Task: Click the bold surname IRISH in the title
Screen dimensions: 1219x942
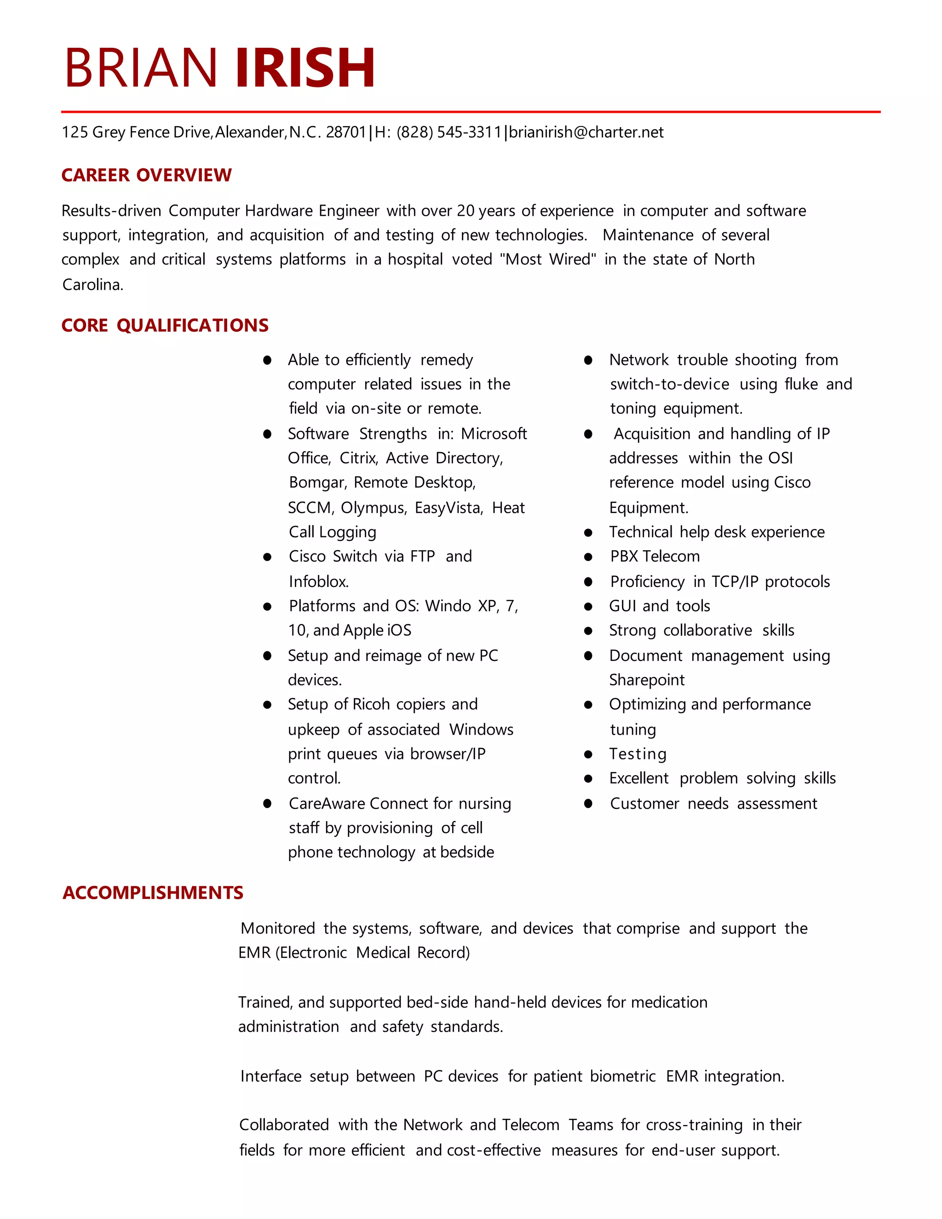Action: click(x=305, y=68)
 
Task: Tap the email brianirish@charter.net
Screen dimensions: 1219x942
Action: click(x=586, y=132)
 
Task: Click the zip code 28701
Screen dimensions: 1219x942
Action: click(x=345, y=132)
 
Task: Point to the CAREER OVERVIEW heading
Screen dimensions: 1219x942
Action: click(x=146, y=175)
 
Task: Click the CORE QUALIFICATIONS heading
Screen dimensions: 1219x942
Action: click(x=165, y=325)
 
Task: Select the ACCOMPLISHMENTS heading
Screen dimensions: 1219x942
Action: click(x=153, y=892)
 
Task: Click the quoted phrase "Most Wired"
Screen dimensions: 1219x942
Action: click(x=547, y=259)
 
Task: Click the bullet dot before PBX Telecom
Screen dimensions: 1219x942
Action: click(x=588, y=557)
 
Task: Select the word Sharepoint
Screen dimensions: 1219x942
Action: click(x=646, y=680)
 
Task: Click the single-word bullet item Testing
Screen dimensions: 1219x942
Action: click(x=638, y=754)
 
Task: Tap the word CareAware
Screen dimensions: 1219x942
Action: click(x=327, y=804)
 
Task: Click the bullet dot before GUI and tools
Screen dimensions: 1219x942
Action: click(x=588, y=607)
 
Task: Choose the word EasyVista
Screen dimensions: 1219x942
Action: click(x=448, y=508)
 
